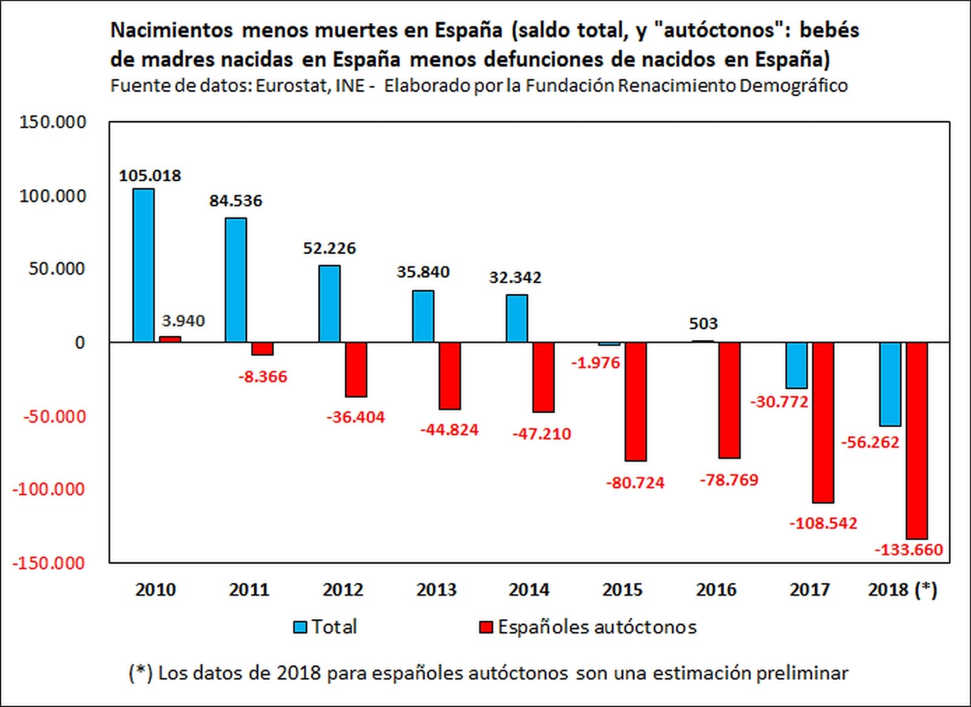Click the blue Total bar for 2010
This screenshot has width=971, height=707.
pos(143,265)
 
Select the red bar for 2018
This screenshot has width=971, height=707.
pos(917,440)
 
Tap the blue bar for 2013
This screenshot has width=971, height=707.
pos(423,316)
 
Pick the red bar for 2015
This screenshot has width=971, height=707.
pos(636,401)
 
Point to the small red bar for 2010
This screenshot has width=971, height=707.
pos(170,339)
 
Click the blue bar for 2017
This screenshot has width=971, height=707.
pos(796,365)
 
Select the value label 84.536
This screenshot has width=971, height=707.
pos(235,201)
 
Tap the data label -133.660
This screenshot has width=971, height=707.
pos(908,550)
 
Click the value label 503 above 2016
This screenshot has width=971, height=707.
pos(703,323)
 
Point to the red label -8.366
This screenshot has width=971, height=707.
pos(262,377)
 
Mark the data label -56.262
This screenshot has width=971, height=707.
pos(870,442)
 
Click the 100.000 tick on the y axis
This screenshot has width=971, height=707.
pos(53,196)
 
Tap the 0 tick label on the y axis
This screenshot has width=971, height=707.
pos(80,343)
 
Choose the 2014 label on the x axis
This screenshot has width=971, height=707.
pos(529,589)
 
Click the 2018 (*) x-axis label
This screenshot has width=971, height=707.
pos(902,589)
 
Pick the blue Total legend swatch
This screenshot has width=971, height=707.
pos(300,627)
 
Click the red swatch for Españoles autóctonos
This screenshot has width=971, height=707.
pos(486,627)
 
